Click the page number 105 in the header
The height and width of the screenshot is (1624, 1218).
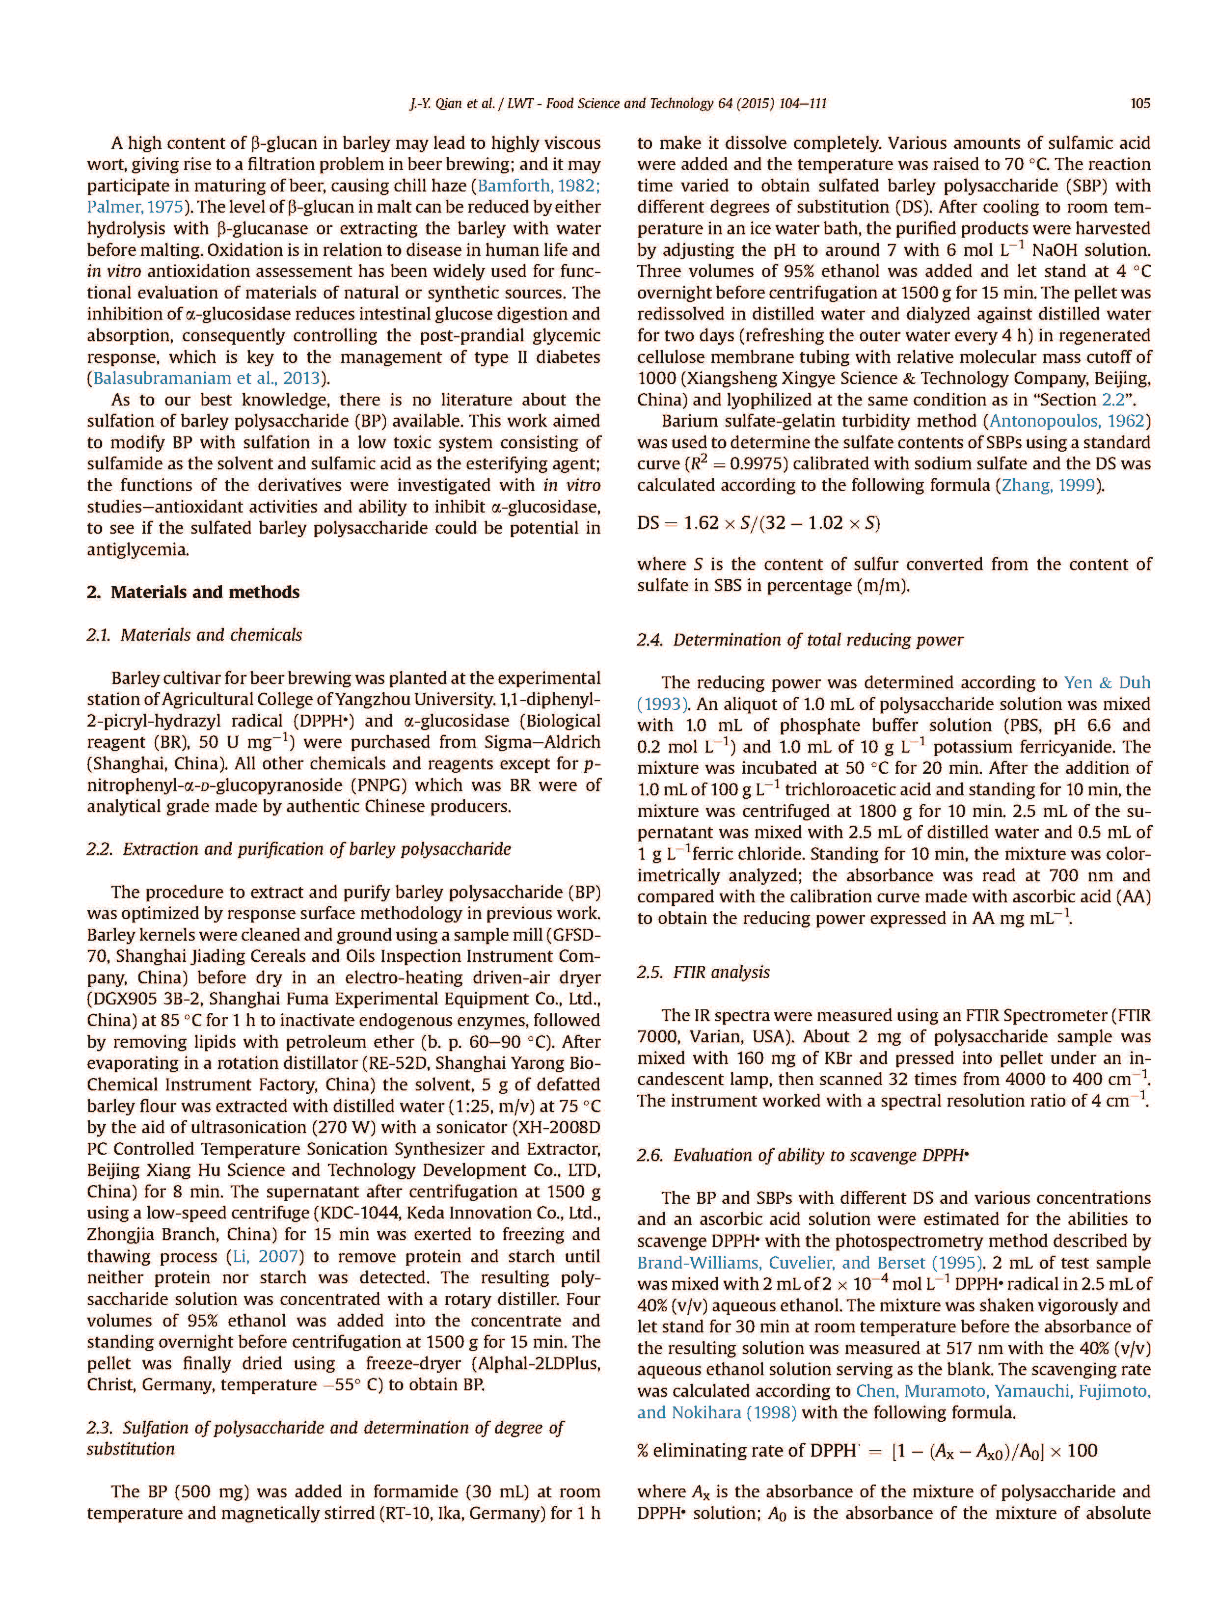click(1139, 104)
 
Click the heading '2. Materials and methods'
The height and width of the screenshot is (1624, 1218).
click(193, 592)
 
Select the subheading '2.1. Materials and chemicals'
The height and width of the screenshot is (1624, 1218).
click(194, 634)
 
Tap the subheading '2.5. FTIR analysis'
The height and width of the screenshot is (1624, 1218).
click(704, 972)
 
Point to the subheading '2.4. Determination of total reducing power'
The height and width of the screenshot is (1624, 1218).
click(800, 640)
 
